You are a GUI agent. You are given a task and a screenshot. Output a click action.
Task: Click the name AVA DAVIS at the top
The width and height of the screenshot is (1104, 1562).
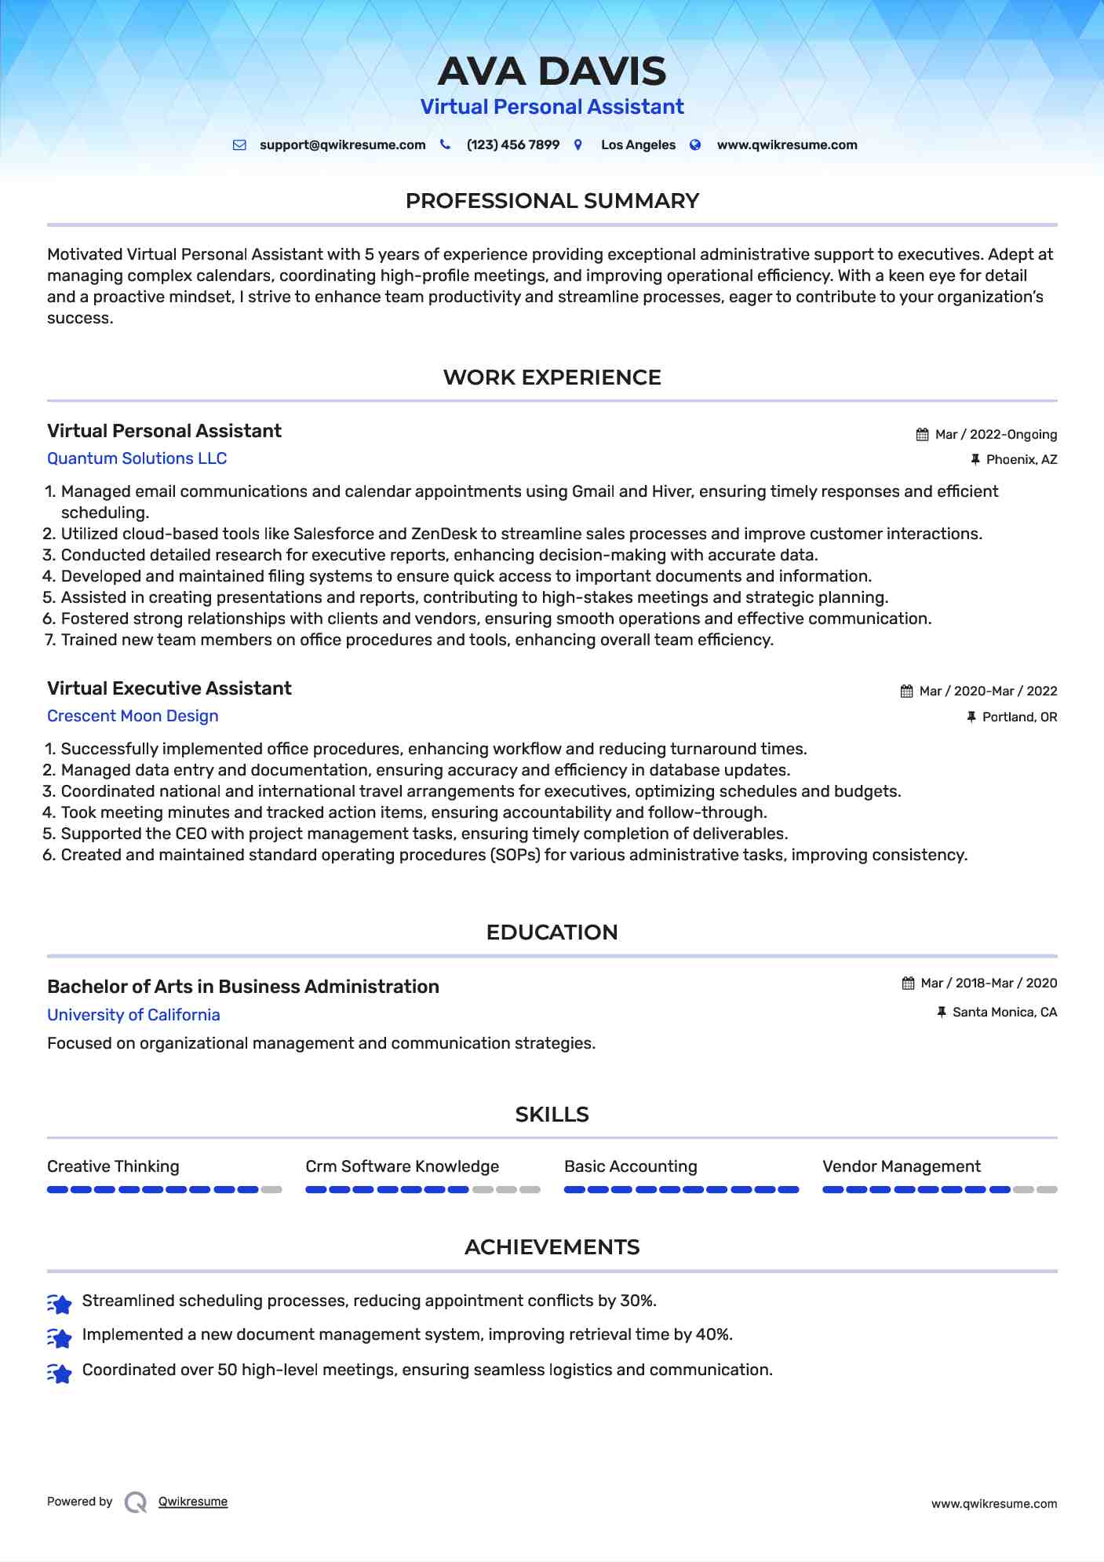(552, 71)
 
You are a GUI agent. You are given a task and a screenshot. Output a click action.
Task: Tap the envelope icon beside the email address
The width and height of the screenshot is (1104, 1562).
(239, 145)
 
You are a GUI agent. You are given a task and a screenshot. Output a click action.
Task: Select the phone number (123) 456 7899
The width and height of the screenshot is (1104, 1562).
(512, 145)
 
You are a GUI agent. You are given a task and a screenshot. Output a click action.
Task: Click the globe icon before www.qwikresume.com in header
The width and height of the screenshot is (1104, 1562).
(695, 145)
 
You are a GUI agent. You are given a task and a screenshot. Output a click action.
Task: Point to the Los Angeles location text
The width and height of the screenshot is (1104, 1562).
(638, 145)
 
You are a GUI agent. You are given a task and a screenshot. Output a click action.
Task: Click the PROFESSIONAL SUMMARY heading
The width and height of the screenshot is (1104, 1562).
(552, 201)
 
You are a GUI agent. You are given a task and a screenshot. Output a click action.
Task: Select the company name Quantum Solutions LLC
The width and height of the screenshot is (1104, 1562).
(137, 458)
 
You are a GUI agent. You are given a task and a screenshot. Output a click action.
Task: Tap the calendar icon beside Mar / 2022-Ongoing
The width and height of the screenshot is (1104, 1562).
(922, 435)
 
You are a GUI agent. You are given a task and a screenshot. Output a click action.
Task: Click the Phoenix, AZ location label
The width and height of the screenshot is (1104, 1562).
(1021, 460)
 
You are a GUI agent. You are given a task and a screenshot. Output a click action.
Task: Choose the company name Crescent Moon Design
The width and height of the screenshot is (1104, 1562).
(133, 716)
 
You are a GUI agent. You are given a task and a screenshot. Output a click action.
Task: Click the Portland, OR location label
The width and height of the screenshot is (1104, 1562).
(1019, 717)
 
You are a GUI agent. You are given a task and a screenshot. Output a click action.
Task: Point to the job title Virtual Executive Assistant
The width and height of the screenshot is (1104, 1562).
(169, 688)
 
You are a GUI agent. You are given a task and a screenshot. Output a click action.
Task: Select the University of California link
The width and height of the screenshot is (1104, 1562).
(133, 1015)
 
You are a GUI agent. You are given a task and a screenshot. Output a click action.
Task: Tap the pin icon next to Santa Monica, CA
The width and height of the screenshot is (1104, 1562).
(942, 1013)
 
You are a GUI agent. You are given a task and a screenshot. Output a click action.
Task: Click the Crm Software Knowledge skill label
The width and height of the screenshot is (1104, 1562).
(402, 1166)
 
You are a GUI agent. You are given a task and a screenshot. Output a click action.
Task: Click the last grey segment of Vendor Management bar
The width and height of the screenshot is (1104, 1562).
(1047, 1190)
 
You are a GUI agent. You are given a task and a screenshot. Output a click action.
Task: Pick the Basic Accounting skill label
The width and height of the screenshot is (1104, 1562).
(630, 1166)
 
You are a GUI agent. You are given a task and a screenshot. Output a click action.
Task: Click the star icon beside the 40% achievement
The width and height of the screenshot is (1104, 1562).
(60, 1337)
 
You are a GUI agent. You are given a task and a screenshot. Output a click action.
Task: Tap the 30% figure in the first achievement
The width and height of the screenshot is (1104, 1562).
(636, 1301)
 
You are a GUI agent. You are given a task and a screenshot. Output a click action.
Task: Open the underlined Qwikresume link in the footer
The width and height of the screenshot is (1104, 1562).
(193, 1502)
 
